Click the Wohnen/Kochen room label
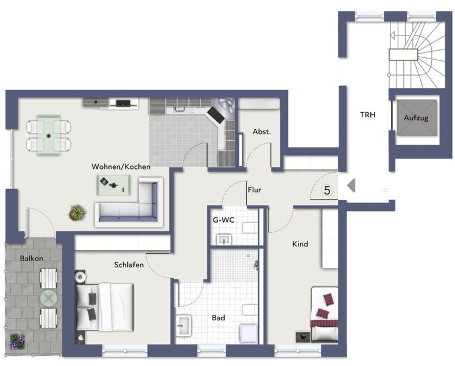tap(121, 167)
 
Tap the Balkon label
tap(32, 258)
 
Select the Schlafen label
tap(129, 265)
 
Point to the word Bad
tap(219, 318)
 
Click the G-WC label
tap(224, 220)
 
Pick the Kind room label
tap(300, 244)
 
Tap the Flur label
tap(255, 190)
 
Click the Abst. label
tap(262, 132)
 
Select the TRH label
tap(368, 115)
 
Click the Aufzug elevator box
tap(417, 118)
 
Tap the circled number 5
tap(327, 190)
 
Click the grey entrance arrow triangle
tap(351, 186)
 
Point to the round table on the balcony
tap(49, 298)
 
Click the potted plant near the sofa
tap(77, 212)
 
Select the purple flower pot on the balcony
tap(18, 342)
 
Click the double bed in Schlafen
tap(105, 307)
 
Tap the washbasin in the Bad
tap(183, 325)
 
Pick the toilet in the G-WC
tap(250, 228)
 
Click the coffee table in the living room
tap(113, 185)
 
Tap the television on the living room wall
tap(123, 102)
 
